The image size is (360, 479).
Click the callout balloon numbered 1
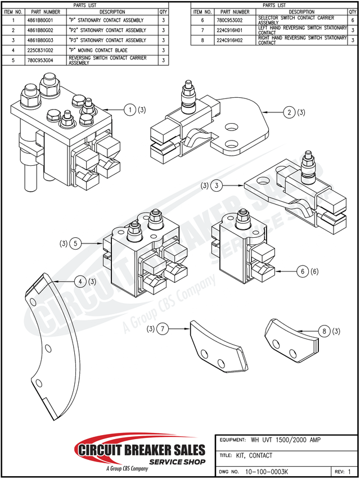click(130, 110)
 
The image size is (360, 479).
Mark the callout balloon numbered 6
click(303, 271)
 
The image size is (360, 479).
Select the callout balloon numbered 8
click(324, 331)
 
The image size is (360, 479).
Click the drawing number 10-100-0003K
click(267, 472)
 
